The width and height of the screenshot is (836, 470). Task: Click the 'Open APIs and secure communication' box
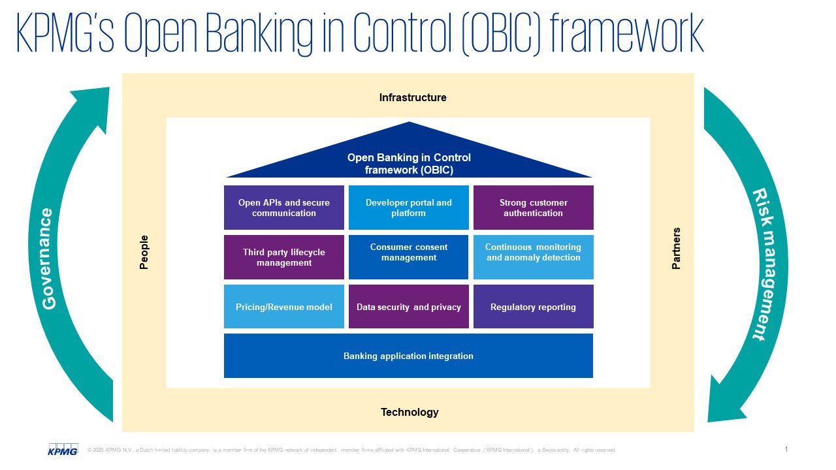(284, 208)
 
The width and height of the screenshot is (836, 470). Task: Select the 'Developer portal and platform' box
(409, 208)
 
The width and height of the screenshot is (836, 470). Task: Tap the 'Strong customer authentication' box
(533, 208)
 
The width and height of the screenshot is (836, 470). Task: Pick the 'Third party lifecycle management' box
(284, 257)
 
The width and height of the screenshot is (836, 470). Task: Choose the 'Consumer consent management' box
(409, 257)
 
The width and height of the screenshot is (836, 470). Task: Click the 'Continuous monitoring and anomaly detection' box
(533, 257)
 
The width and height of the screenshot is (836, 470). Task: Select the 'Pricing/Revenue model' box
(284, 307)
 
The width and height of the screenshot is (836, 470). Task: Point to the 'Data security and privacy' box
(409, 307)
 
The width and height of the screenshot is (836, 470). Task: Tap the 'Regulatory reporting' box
(533, 307)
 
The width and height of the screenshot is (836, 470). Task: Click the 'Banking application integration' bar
(408, 356)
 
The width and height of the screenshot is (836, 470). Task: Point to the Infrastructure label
(413, 98)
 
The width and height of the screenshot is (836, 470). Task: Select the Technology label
(410, 412)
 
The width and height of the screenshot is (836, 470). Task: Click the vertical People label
(144, 252)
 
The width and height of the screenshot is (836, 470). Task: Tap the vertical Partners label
(676, 249)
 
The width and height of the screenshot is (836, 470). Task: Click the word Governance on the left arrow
(49, 258)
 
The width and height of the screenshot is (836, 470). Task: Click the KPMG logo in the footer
(63, 449)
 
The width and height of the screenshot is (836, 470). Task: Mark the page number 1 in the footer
(786, 449)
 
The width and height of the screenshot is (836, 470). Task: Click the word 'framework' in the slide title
(627, 34)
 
